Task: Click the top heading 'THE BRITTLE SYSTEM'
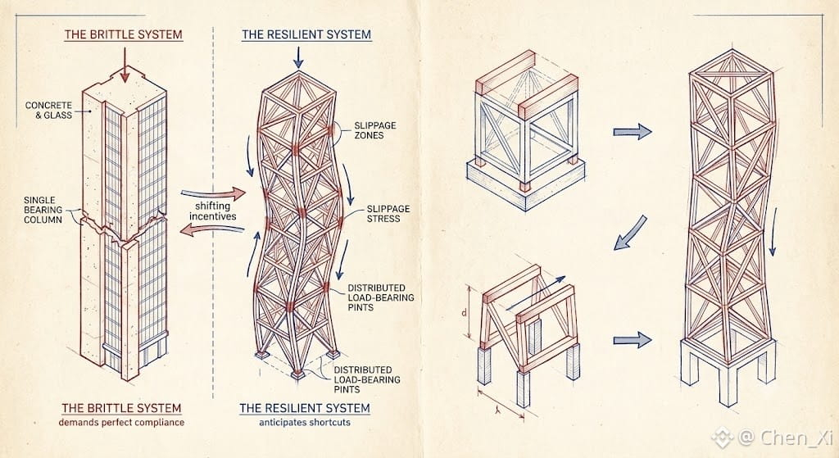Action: [123, 34]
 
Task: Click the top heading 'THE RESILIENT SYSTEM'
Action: [306, 34]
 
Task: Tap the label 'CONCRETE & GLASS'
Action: [48, 111]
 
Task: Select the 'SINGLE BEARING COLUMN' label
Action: [43, 210]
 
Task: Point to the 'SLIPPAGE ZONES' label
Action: [375, 130]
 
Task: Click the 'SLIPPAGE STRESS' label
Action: [388, 214]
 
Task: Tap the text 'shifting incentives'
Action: [212, 211]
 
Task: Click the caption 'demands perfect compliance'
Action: [121, 422]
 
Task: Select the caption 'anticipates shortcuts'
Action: [305, 422]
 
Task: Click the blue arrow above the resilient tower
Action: [298, 58]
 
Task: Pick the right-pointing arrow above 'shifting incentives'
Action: [213, 193]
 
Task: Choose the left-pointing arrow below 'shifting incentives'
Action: [211, 229]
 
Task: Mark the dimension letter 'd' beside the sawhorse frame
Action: [464, 312]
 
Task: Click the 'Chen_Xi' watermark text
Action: [796, 438]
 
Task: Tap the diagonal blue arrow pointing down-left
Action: [630, 233]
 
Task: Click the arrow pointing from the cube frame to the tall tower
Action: [632, 132]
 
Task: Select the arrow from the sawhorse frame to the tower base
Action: [632, 340]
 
